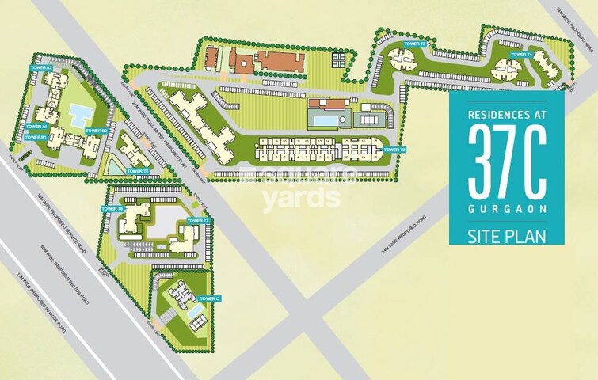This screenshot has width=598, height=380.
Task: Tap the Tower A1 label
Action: click(x=36, y=127)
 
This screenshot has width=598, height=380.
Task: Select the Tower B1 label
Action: click(x=36, y=137)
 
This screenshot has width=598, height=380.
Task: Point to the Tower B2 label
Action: click(x=96, y=130)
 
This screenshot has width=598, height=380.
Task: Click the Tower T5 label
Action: click(x=137, y=171)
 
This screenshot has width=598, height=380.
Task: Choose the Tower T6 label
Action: click(x=112, y=208)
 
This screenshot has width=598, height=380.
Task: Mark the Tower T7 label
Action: click(x=197, y=220)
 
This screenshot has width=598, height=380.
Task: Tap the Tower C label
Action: click(x=210, y=298)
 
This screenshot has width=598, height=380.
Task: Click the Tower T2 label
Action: click(x=394, y=150)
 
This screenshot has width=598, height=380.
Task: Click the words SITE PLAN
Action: click(x=507, y=234)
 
